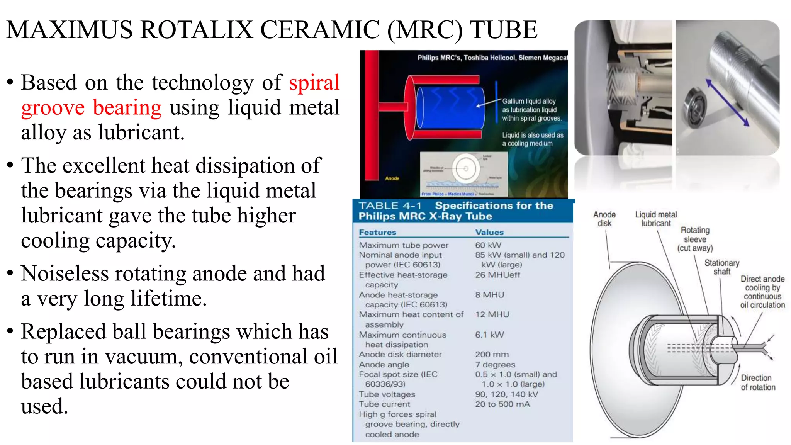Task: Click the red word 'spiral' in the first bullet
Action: click(314, 82)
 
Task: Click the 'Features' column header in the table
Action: click(377, 233)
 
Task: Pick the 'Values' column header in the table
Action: click(489, 233)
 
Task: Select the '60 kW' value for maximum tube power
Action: click(488, 245)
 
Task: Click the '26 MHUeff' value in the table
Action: click(497, 275)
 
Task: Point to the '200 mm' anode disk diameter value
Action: click(492, 355)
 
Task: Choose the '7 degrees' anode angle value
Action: click(495, 365)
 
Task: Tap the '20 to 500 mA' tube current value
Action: click(502, 404)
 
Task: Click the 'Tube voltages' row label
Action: click(387, 394)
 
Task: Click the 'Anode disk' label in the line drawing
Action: click(604, 219)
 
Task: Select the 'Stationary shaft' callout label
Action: click(721, 267)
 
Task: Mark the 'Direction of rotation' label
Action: click(757, 383)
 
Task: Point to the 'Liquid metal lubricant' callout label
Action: click(656, 219)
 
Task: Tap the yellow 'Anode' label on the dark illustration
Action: click(392, 178)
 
